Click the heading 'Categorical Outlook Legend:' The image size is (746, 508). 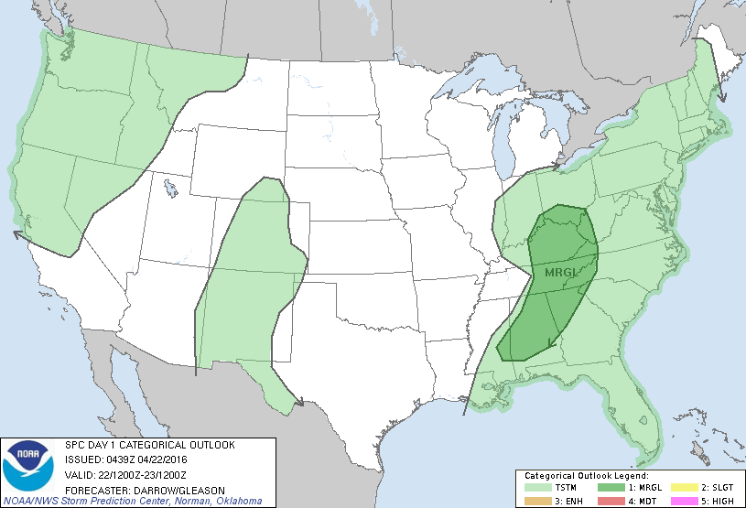[x=587, y=476]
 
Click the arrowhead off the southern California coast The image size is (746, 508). [x=18, y=234]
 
